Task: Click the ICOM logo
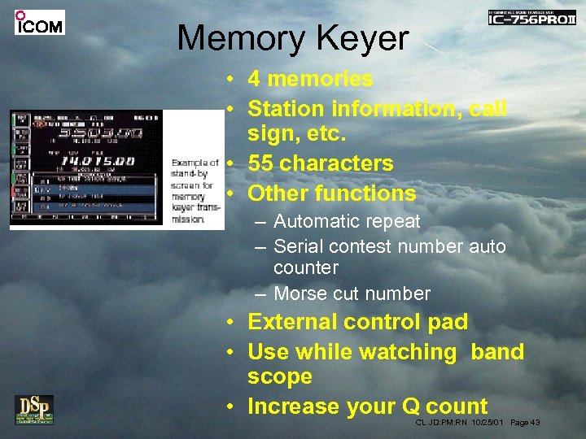(x=39, y=23)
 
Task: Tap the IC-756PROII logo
(x=531, y=17)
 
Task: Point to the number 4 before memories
(x=254, y=79)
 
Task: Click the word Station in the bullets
(x=284, y=108)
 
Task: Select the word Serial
(x=296, y=246)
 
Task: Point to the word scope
(x=280, y=376)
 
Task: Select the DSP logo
(x=34, y=409)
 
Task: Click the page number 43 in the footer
(x=534, y=422)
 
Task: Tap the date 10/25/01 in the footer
(x=488, y=422)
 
